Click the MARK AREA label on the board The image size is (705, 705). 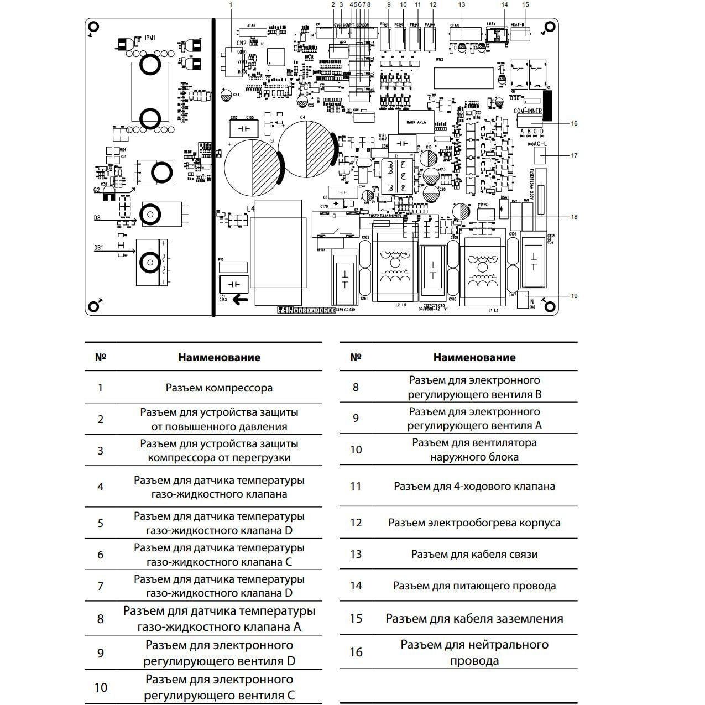416,122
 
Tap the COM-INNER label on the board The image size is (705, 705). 528,111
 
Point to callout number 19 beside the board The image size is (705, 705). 574,296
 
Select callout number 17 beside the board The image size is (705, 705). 574,155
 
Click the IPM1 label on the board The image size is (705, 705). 150,38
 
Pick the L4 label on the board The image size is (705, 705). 250,209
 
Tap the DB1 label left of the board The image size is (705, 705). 98,248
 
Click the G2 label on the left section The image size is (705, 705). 97,190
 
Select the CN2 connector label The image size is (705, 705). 241,43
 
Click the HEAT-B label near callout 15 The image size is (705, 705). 518,25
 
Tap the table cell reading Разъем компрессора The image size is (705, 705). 219,388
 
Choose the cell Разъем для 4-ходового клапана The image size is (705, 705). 474,486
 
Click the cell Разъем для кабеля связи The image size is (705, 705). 474,554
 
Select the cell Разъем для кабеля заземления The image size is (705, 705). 474,618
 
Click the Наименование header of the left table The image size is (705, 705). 219,357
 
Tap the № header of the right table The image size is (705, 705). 356,357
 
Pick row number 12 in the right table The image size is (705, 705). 356,523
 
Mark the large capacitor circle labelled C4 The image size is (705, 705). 305,148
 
